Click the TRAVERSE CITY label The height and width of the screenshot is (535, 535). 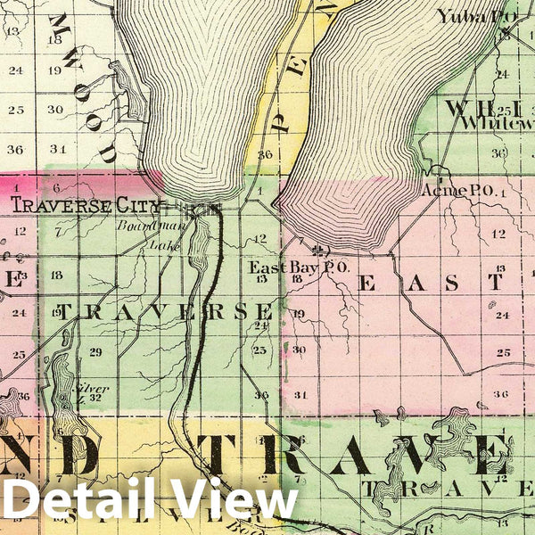[86, 205]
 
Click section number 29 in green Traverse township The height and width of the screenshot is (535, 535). [95, 351]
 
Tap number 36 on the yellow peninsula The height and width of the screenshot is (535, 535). [264, 153]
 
